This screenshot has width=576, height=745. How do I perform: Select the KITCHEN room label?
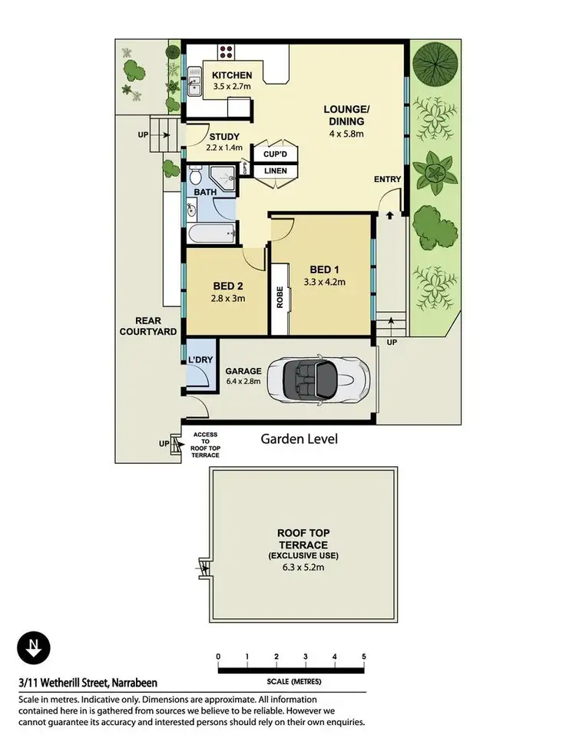232,75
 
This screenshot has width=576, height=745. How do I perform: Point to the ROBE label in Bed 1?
280,297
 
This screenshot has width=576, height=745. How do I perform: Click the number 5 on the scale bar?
363,656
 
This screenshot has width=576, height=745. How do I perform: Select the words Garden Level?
299,439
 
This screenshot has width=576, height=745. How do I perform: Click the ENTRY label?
388,180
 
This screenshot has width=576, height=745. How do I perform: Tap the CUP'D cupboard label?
275,154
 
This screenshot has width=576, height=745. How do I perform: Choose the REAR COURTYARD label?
146,326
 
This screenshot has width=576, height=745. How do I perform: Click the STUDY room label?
225,137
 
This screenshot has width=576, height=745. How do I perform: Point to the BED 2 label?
228,287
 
